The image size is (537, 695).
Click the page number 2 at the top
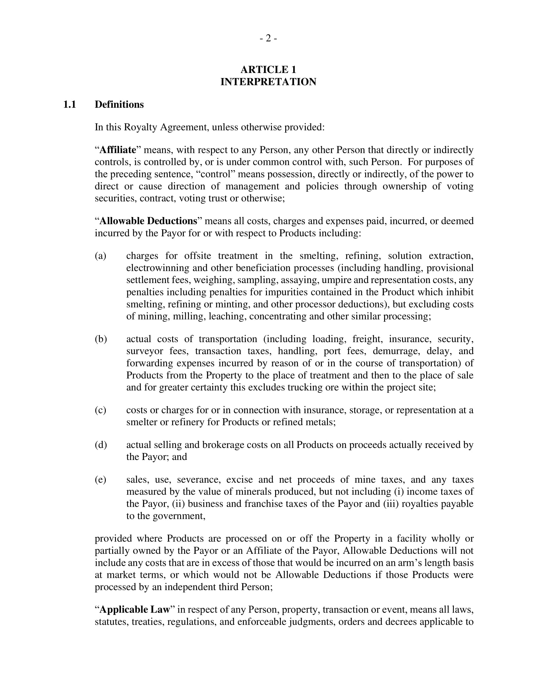(x=268, y=39)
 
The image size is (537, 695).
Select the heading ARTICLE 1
(x=268, y=69)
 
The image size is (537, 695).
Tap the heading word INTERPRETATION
(x=268, y=82)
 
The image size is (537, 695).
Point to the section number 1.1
(x=69, y=104)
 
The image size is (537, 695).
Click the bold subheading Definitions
(x=119, y=104)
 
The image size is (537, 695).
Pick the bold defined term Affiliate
(x=118, y=150)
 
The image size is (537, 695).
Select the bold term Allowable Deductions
(x=148, y=221)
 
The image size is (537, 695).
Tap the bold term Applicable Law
(x=135, y=609)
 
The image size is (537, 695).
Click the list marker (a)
(x=100, y=256)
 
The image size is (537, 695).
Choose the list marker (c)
(x=100, y=410)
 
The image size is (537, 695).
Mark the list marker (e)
(x=100, y=480)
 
